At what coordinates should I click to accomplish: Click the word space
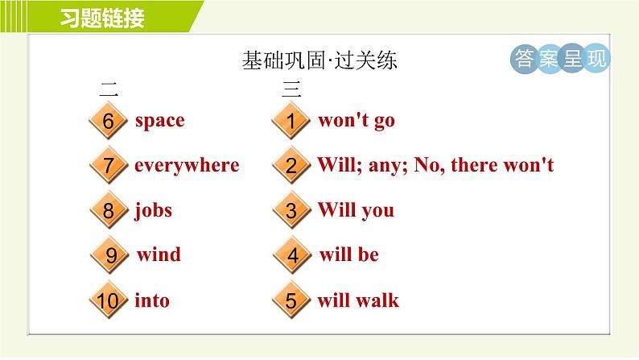tap(159, 121)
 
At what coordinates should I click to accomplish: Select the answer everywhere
tap(187, 166)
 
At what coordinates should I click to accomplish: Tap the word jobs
tap(153, 210)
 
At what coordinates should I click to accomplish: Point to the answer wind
tap(159, 254)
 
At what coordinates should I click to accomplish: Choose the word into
tap(152, 300)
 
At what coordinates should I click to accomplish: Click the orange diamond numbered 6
tap(108, 121)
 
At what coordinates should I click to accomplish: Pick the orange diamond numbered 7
tap(108, 166)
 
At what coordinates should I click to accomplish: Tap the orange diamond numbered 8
tap(108, 210)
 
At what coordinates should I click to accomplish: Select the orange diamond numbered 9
tap(109, 255)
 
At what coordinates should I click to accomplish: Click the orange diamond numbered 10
tap(108, 300)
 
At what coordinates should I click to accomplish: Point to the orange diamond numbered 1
tap(291, 121)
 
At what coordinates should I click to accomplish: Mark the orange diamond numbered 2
tap(291, 166)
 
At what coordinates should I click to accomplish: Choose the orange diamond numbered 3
tap(291, 210)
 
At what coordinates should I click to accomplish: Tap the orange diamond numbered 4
tap(292, 255)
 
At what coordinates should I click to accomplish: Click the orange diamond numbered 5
tap(291, 300)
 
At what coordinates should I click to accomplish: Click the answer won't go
tap(357, 121)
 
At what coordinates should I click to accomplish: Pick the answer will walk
tap(358, 300)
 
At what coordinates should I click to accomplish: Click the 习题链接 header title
tap(102, 18)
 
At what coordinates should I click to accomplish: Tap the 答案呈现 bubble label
tap(560, 59)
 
